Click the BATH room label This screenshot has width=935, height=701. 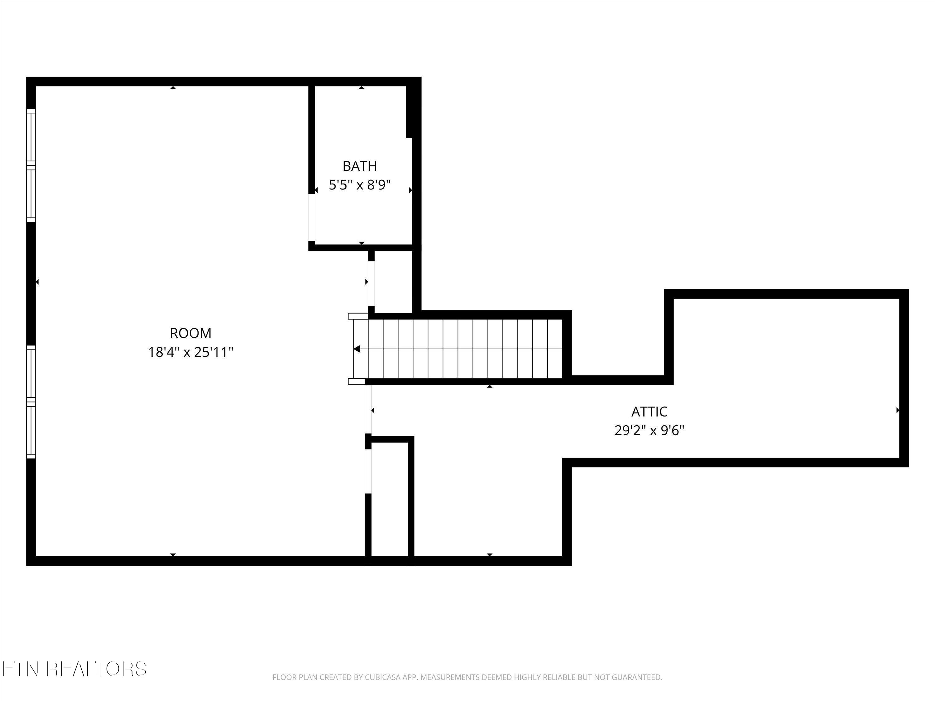360,166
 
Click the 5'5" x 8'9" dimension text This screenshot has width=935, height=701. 360,185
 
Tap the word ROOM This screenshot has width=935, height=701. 191,333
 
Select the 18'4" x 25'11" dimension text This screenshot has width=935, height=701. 191,352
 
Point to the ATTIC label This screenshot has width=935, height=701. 649,412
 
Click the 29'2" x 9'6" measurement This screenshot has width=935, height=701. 649,431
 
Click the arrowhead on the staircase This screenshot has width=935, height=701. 357,349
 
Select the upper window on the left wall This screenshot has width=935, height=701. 31,165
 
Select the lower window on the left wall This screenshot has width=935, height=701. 31,401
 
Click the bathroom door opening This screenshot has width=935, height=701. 312,217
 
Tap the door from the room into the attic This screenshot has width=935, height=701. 368,409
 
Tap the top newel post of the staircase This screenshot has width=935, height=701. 357,316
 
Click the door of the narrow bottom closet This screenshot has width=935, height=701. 368,471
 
